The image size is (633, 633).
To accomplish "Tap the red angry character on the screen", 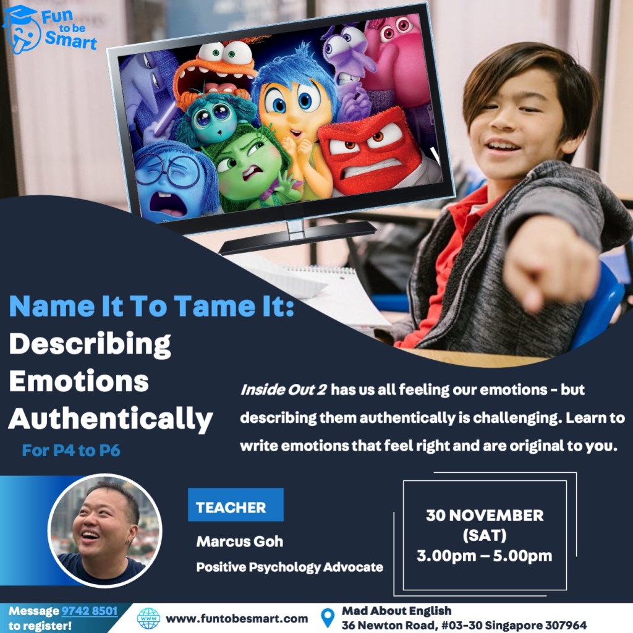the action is tap(372, 151).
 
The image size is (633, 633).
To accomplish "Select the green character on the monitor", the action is tap(252, 169).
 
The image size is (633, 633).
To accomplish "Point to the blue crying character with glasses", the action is tap(174, 180).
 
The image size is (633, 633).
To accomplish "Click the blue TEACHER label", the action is tap(236, 504).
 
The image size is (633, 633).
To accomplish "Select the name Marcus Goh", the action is tap(240, 542).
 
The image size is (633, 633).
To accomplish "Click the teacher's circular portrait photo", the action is tap(105, 530).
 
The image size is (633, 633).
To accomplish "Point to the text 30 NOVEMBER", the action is tap(485, 516).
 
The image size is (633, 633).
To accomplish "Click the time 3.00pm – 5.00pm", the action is tap(485, 556).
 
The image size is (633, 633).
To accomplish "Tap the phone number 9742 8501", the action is tap(89, 611).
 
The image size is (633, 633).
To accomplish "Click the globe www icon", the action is tap(148, 618).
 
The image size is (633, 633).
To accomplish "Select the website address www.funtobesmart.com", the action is tap(237, 618).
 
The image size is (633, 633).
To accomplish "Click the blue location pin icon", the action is tap(328, 618).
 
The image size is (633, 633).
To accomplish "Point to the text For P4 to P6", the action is tap(71, 451).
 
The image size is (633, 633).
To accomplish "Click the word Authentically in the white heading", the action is tap(111, 419).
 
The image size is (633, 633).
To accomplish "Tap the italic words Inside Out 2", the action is tap(283, 390).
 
